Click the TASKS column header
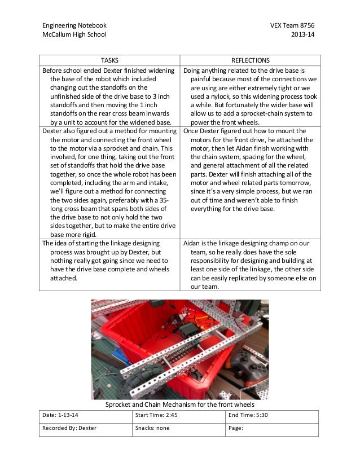109,60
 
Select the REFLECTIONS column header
251,60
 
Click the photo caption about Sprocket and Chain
180,405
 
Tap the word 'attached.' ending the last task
65,278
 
